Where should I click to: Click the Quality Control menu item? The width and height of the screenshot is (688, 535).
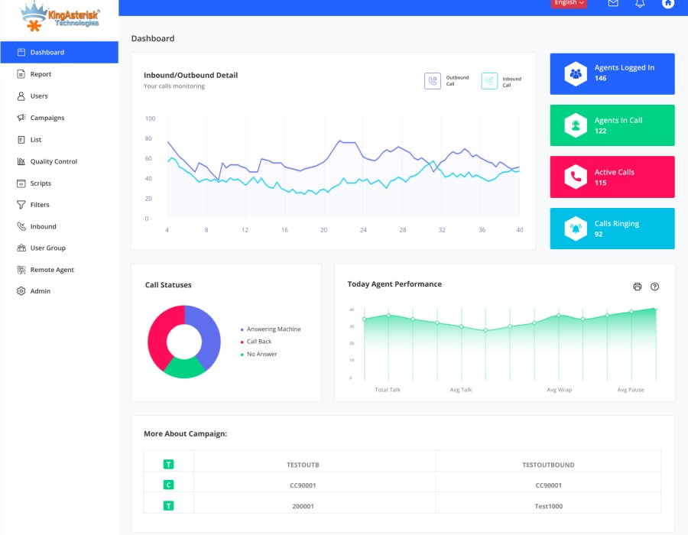(54, 161)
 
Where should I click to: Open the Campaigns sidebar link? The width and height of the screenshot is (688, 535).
(47, 118)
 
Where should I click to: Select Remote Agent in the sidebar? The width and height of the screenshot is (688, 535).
(52, 270)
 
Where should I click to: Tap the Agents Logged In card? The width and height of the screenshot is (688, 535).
(612, 73)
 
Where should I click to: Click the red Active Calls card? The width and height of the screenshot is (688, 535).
(612, 177)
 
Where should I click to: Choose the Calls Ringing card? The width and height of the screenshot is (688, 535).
(612, 229)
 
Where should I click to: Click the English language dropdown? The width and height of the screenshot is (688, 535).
(569, 3)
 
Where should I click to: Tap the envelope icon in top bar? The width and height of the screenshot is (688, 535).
(613, 3)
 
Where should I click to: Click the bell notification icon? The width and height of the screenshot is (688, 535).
(641, 3)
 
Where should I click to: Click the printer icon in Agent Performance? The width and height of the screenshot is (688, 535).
(638, 287)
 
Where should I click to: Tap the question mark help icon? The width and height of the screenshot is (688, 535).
(655, 287)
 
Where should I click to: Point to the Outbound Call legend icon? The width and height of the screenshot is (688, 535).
(433, 81)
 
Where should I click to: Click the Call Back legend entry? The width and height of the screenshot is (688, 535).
(258, 342)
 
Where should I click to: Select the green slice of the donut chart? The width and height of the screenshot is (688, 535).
(184, 368)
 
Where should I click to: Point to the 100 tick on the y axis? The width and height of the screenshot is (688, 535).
(150, 118)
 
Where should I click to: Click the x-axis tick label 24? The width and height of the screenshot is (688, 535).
(363, 230)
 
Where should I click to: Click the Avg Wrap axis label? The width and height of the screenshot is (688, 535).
(560, 390)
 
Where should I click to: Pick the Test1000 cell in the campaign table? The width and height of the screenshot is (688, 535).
(548, 506)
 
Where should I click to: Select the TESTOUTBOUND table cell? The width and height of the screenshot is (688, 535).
(548, 465)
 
